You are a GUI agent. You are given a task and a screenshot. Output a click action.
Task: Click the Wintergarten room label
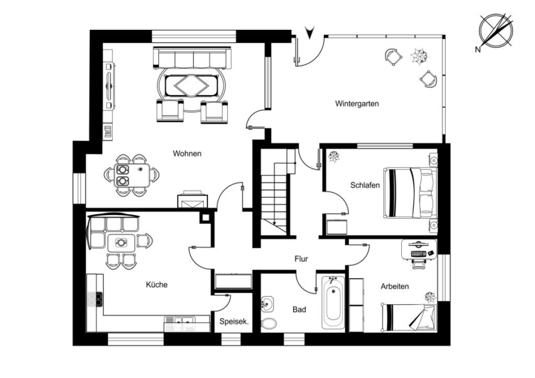click(357, 103)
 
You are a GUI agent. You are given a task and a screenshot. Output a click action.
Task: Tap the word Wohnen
click(187, 153)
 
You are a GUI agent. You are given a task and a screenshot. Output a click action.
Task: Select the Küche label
click(156, 285)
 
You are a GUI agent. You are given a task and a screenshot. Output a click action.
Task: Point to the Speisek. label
click(234, 322)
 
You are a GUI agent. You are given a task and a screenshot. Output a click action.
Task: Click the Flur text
click(301, 259)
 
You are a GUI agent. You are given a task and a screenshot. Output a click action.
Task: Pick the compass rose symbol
click(496, 30)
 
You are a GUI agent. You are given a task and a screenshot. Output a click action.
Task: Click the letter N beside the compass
click(478, 50)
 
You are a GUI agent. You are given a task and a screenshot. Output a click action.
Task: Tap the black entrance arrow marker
click(310, 33)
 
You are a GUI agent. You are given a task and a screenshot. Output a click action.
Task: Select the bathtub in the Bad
click(333, 303)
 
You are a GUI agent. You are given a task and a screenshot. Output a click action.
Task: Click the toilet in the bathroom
click(269, 323)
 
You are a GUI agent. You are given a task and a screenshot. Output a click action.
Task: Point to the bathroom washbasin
click(267, 304)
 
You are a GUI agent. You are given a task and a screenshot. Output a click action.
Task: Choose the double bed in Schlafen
click(410, 193)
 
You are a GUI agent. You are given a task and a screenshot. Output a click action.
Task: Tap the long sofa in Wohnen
click(192, 58)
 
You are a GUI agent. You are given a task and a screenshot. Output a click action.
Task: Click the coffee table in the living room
click(191, 86)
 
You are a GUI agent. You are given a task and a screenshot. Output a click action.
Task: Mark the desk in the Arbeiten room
click(419, 250)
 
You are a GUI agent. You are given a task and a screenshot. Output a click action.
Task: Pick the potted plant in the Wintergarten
click(419, 56)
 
